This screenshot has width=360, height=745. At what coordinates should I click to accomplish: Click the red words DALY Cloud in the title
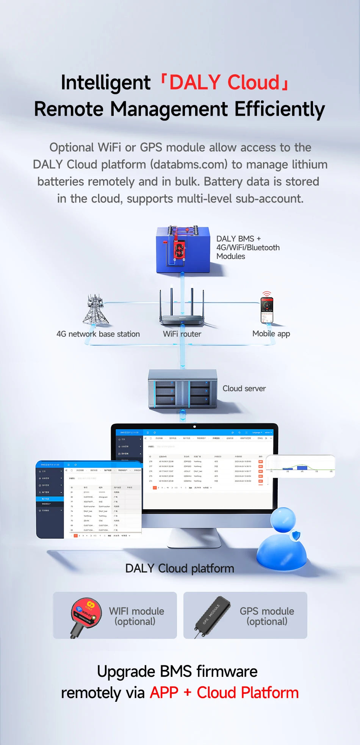[x=224, y=82]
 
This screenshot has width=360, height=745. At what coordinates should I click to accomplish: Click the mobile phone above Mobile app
[x=267, y=310]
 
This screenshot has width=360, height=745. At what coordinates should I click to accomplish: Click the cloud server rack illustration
[x=182, y=390]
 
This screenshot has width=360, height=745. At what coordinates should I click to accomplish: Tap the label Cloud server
[x=244, y=389]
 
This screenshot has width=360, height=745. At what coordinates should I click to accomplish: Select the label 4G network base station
[x=98, y=334]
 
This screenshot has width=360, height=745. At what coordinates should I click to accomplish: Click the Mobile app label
[x=271, y=334]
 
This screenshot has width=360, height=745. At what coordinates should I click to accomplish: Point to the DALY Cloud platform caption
[x=180, y=568]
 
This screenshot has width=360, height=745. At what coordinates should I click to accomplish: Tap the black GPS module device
[x=213, y=616]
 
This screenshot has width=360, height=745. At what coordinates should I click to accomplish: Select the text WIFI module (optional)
[x=136, y=616]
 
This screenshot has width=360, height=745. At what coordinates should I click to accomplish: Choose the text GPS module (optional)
[x=267, y=616]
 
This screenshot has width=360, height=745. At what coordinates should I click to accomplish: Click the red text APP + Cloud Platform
[x=224, y=693]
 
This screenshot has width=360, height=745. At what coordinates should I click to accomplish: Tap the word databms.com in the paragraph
[x=189, y=165]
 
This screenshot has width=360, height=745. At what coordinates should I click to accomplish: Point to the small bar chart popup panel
[x=301, y=466]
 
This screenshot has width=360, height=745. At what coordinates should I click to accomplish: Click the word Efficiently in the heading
[x=280, y=109]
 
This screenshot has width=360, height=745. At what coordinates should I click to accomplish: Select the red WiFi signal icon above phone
[x=267, y=294]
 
